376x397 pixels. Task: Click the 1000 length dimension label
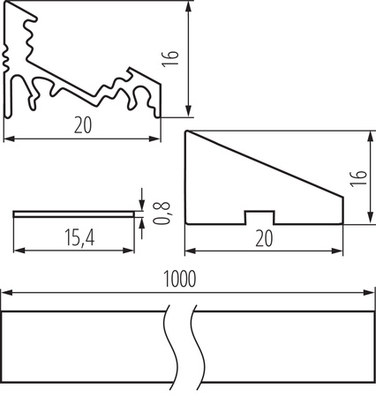tap(179, 279)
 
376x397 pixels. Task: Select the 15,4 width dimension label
tap(79, 237)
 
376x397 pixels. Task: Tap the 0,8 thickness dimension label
tap(162, 213)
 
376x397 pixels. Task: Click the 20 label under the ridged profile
tap(83, 125)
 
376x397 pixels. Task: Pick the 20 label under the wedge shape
tap(264, 238)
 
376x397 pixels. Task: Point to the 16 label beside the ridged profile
tap(170, 59)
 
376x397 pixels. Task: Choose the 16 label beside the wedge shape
tap(358, 177)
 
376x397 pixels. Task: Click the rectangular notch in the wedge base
tap(259, 217)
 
